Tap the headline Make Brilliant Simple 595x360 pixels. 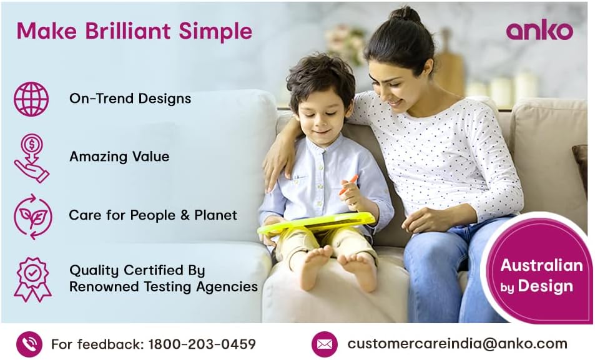click(134, 31)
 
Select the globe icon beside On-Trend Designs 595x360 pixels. click(31, 99)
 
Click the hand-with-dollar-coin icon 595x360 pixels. click(31, 158)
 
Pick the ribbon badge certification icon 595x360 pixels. click(32, 279)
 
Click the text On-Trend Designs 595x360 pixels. click(130, 99)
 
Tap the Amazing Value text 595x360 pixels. click(119, 157)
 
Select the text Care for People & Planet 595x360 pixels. click(153, 215)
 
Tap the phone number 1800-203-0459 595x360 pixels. click(203, 344)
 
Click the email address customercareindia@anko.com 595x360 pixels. click(457, 343)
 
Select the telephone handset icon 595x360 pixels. click(29, 344)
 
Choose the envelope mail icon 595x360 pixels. click(324, 344)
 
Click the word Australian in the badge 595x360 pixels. click(541, 265)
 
